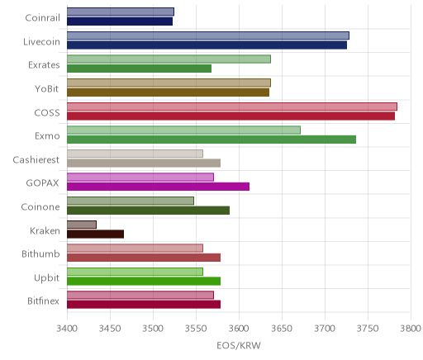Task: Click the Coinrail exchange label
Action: coord(42,18)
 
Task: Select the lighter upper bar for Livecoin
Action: coord(208,36)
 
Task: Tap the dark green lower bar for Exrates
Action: coord(139,69)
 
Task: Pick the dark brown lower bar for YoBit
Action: coord(168,92)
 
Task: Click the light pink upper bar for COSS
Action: coord(232,107)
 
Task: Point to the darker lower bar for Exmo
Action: coord(211,140)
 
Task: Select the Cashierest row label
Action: coord(36,159)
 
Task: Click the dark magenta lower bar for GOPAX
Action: coord(158,187)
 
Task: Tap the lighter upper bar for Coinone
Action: coord(131,201)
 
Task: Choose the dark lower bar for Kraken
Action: coord(95,234)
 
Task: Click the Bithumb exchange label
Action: coord(40,253)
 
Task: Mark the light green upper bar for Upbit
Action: coord(135,272)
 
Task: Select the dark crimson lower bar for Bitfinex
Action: coord(144,305)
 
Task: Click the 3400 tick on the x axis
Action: coord(67,329)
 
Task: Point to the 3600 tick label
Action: coord(239,329)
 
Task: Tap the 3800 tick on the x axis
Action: coord(411,329)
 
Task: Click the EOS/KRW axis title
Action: coord(239,345)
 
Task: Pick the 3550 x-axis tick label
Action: coord(196,329)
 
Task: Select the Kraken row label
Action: coord(45,230)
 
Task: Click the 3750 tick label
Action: coord(368,329)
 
